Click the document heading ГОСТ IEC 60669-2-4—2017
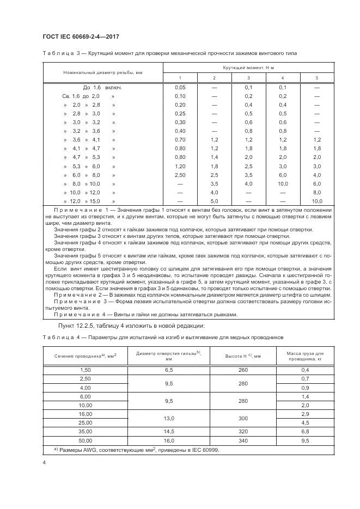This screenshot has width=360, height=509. (x=80, y=36)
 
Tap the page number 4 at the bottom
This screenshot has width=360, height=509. (x=44, y=462)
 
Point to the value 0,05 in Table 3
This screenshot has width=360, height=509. (x=180, y=87)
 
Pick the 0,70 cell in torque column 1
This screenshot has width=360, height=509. (x=180, y=140)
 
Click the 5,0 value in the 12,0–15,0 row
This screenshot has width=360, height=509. (x=214, y=201)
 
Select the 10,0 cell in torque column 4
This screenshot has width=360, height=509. (x=282, y=184)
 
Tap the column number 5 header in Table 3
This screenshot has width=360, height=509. (x=317, y=78)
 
